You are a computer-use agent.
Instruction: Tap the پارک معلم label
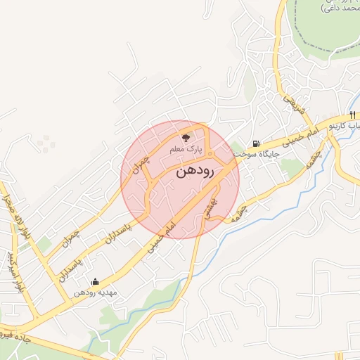click(x=186, y=150)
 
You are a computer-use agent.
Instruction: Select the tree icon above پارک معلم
click(x=186, y=138)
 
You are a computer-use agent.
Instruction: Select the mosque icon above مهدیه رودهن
click(x=95, y=282)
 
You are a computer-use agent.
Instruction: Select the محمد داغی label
click(x=340, y=8)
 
